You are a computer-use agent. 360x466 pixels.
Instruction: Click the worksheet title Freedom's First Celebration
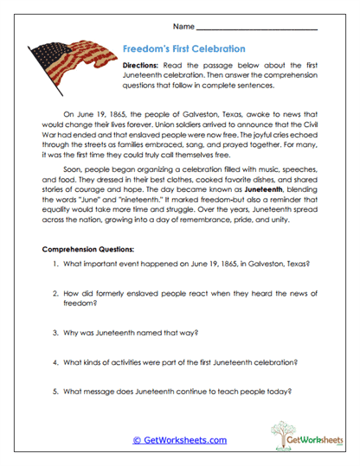point(183,49)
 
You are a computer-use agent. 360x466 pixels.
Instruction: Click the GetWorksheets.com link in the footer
point(179,440)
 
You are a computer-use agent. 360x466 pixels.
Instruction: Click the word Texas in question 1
point(297,263)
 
